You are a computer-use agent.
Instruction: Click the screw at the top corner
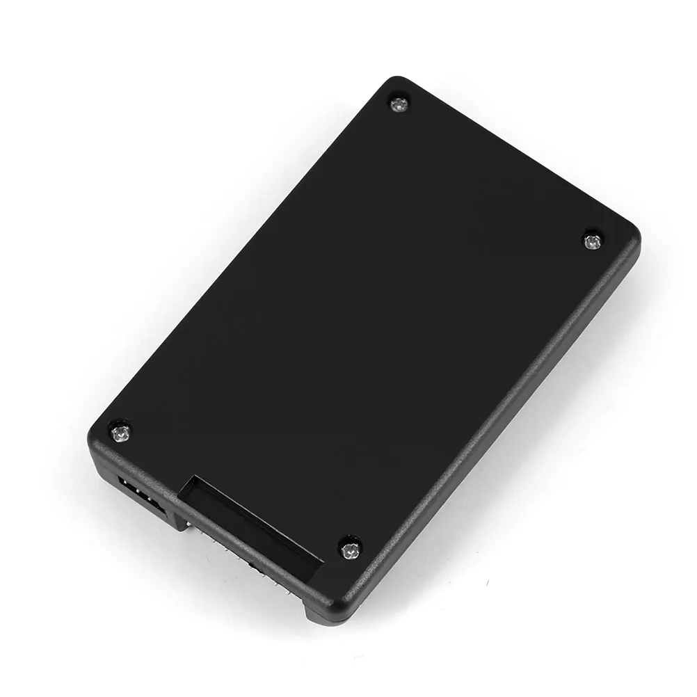[398, 105]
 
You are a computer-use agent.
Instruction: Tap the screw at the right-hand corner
[593, 241]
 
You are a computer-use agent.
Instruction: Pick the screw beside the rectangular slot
[348, 551]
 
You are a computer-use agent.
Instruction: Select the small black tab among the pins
[252, 567]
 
